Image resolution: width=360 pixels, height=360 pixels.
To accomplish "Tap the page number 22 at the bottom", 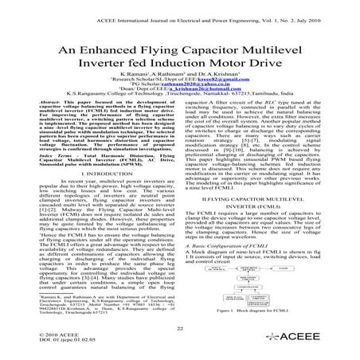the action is (x=180, y=328).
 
